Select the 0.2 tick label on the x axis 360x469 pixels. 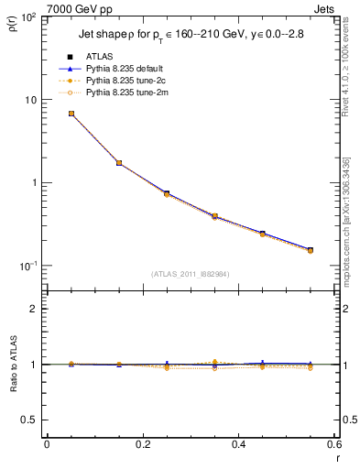click(x=142, y=444)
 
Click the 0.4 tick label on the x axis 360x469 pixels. click(x=238, y=444)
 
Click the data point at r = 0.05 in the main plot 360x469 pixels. click(x=71, y=114)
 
